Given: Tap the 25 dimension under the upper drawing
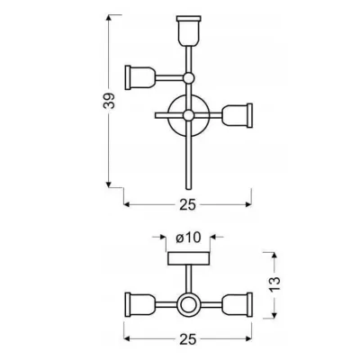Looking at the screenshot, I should point(186,204).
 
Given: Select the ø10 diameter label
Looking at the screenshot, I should point(188,238).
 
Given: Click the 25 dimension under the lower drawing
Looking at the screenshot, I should point(186,340).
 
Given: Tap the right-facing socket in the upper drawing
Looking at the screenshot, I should point(236,115).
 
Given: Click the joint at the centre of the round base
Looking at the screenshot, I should point(187,115).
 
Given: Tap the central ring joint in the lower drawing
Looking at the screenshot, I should point(187,307).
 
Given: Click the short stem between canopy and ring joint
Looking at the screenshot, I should point(187,279).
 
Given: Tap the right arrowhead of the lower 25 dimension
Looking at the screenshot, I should point(248,337).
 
